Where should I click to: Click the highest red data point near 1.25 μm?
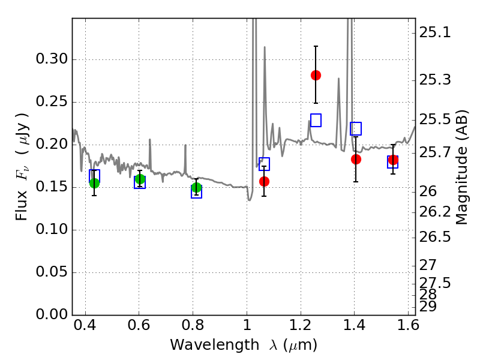316,75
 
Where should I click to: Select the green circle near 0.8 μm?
196,188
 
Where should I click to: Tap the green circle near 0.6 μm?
140,179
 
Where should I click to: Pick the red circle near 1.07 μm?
264,181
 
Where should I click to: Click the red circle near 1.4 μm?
356,159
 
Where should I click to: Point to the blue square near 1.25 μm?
316,120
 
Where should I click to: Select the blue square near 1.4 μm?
356,128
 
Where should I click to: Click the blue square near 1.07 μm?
264,164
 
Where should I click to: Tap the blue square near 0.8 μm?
196,192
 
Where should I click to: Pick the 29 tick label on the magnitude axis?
428,307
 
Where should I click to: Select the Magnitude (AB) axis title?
461,167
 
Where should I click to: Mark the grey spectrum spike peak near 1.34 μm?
338,78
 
